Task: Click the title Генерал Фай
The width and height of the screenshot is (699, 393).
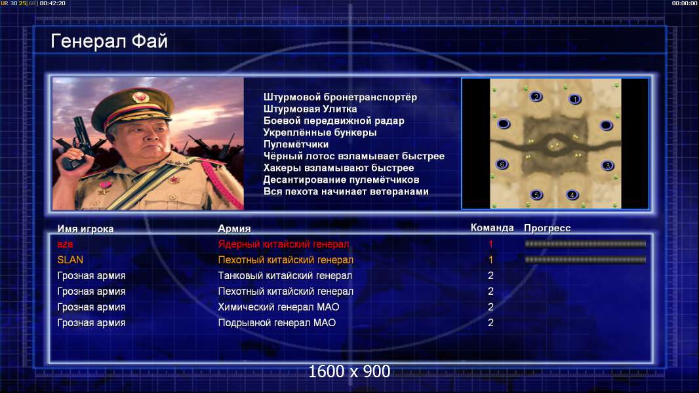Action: coord(110,41)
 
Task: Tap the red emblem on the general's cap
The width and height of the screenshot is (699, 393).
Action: coord(140,97)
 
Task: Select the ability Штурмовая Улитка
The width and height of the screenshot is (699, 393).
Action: coord(310,109)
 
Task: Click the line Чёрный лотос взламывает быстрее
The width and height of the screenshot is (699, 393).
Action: coord(354,157)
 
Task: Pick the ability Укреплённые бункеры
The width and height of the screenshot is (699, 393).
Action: coord(320,132)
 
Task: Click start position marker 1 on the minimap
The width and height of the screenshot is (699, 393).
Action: coord(575,100)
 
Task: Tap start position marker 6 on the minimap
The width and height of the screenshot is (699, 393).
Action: coord(502,164)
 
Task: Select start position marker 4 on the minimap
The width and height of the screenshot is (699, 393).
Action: coord(572,195)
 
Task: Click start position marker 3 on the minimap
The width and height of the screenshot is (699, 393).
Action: coord(607,166)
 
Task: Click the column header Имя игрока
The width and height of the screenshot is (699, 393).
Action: coord(85,229)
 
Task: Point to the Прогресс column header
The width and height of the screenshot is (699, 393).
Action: coord(547,228)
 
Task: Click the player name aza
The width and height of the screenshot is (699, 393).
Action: coord(65,244)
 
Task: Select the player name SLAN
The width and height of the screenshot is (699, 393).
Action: coord(70,259)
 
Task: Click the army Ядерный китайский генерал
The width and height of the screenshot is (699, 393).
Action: coord(283,244)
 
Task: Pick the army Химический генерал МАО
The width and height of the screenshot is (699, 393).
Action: coord(279,307)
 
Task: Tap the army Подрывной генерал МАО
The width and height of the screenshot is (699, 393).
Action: coord(277,323)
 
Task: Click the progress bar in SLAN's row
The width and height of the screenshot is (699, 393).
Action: coord(586,259)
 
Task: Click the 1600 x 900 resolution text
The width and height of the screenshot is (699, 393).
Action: coord(349,371)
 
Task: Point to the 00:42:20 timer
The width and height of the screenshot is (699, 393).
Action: coord(52,3)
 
